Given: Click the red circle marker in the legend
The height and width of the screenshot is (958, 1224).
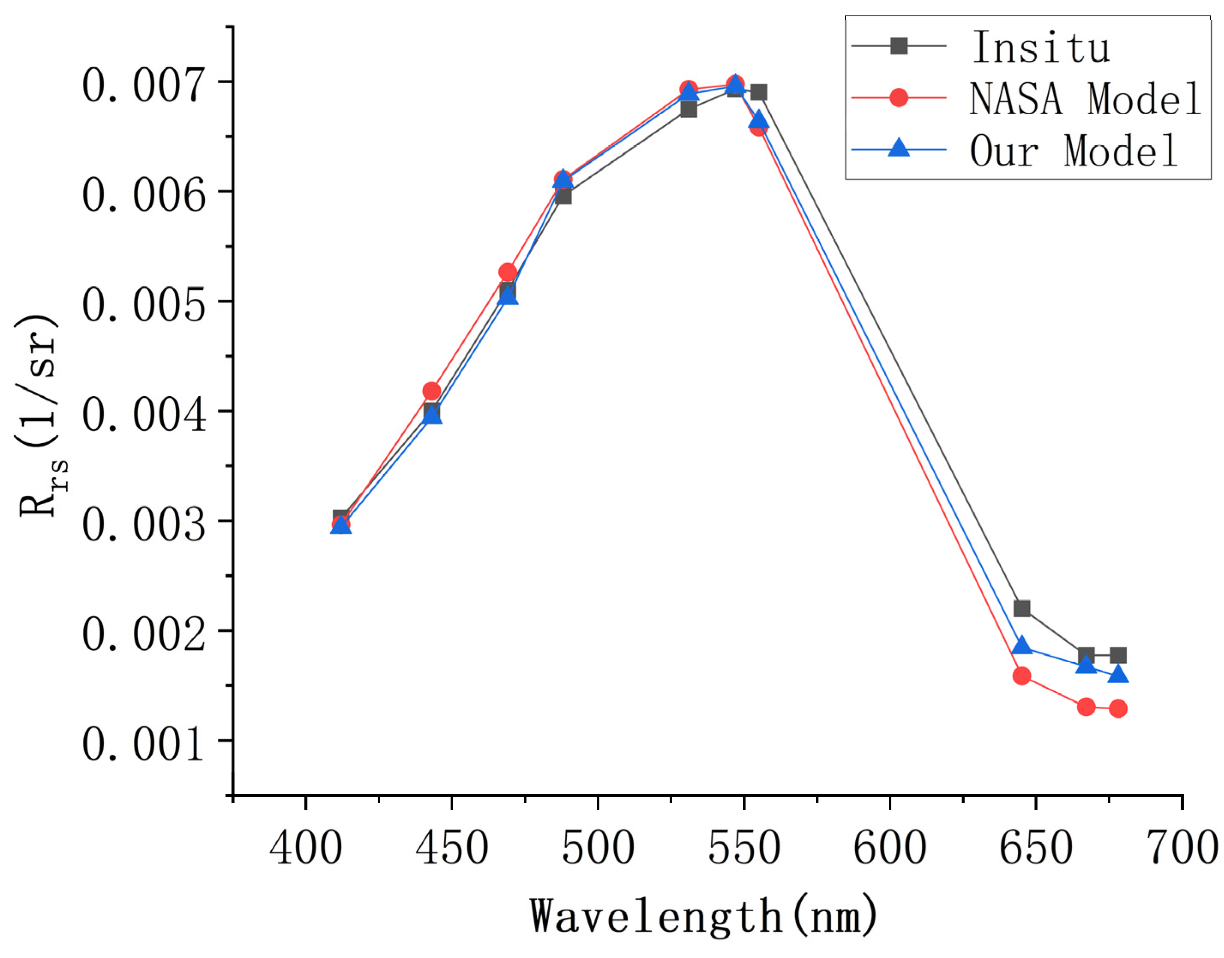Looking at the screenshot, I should click(x=899, y=98).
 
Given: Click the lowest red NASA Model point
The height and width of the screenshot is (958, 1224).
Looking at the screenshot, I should click(x=1118, y=708).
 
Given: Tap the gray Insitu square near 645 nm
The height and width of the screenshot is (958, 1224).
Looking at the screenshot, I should click(x=1022, y=608).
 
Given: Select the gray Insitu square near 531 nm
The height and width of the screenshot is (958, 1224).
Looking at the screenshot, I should click(x=689, y=109).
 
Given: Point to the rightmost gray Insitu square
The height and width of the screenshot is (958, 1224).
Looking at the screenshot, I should click(x=1118, y=655).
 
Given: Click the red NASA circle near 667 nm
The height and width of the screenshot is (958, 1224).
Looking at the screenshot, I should click(x=1086, y=707).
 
